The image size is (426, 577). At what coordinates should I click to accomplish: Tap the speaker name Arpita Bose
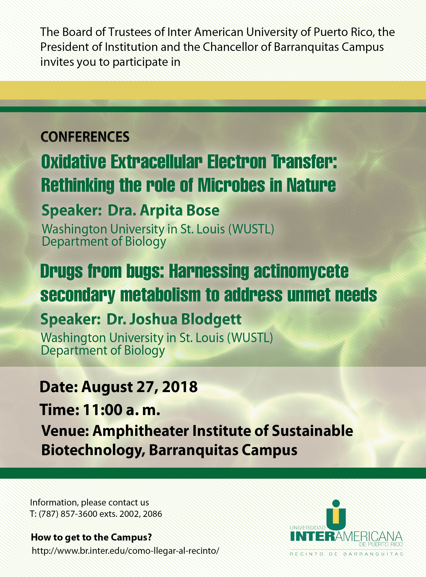pos(179,210)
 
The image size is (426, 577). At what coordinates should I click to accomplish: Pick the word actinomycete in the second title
pos(301,272)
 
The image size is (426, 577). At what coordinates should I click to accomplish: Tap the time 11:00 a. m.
pos(121,410)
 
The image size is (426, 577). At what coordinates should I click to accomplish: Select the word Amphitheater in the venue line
pos(141,431)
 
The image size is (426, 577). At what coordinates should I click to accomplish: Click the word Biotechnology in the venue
pos(93,450)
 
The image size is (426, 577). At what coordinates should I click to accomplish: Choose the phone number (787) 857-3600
pos(68,514)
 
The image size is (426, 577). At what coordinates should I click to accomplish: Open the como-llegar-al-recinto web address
pos(126,551)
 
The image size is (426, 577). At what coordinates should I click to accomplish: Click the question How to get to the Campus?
pos(91,537)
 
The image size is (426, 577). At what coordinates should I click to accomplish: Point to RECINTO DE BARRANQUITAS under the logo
pos(346,554)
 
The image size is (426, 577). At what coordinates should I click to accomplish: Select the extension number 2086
pos(152,514)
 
